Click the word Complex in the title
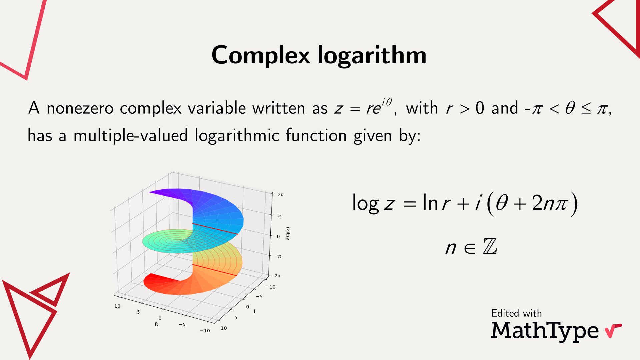click(261, 55)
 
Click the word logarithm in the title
click(372, 55)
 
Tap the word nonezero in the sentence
click(80, 108)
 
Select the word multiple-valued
click(130, 136)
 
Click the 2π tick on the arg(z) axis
click(280, 194)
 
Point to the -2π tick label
click(277, 276)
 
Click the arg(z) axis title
click(288, 233)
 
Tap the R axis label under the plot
click(156, 324)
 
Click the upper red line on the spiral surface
click(215, 229)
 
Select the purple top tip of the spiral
click(157, 191)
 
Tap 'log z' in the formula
click(373, 203)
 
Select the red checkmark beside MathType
click(613, 330)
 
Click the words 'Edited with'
click(516, 313)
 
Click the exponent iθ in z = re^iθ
click(387, 102)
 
